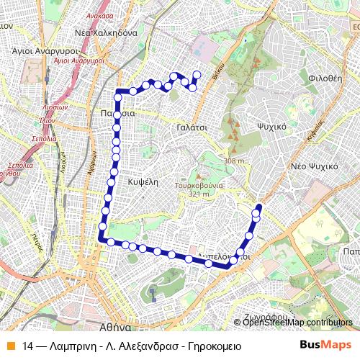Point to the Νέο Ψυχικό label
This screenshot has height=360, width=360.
(x=314, y=166)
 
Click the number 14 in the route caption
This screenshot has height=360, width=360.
(x=27, y=345)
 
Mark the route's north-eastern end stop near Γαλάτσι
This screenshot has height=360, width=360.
(x=197, y=74)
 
